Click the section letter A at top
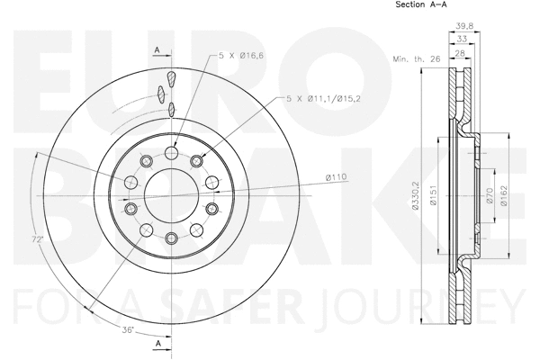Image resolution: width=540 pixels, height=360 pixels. coord(157,49)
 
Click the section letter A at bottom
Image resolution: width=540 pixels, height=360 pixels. coord(157,344)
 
